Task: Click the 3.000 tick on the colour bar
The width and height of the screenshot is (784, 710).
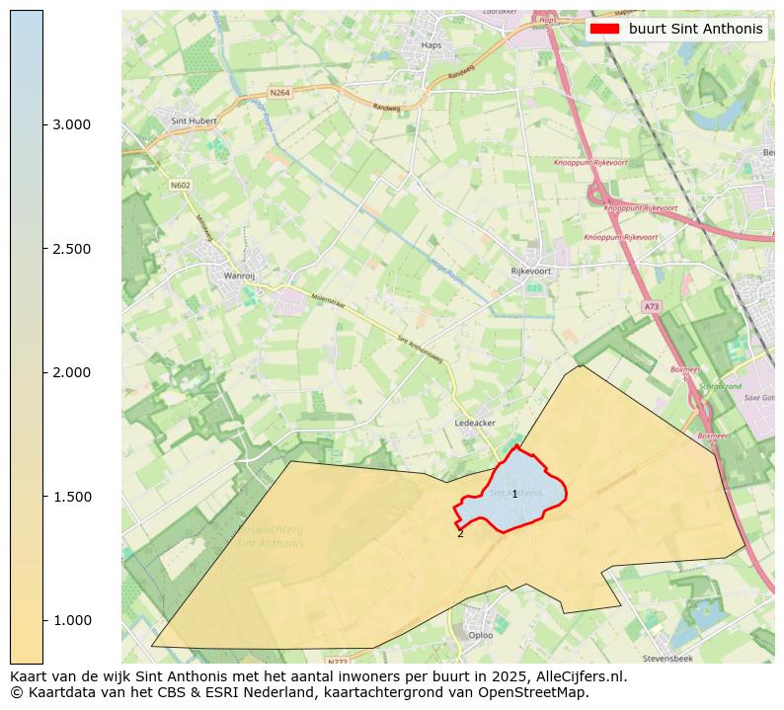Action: coord(71,124)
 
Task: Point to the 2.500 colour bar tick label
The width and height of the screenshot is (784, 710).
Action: coord(71,249)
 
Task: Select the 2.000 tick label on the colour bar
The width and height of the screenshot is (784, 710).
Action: coord(71,372)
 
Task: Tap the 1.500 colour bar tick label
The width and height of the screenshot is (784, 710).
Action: coord(71,497)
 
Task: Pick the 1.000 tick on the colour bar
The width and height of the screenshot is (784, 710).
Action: coord(71,620)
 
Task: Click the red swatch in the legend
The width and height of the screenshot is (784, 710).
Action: coord(604,29)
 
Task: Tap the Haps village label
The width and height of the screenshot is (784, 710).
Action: coord(431,44)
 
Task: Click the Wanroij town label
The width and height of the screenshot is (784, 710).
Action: coord(240,276)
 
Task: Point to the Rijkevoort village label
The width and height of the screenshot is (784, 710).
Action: coord(530,271)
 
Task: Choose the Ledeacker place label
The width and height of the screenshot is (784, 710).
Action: coord(474,423)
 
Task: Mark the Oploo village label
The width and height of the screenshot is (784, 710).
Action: coord(481,635)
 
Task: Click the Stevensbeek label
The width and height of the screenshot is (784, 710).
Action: coord(668,657)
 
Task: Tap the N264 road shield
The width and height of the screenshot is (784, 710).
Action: coord(280,93)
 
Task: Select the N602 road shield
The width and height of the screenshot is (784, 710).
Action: coord(180,185)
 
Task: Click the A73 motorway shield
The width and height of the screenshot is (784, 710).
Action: coord(651,307)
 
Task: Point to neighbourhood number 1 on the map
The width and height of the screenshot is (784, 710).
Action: coord(514,494)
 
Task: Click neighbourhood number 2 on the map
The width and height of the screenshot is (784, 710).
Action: coord(460,534)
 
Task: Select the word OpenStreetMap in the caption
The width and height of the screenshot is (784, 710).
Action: coord(540,692)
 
